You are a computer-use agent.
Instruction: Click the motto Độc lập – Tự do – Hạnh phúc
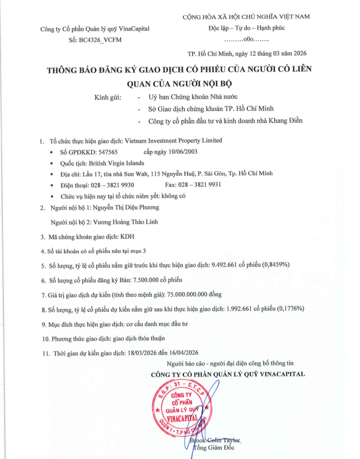point(247,28)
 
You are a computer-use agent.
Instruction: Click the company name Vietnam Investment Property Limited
point(173,141)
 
